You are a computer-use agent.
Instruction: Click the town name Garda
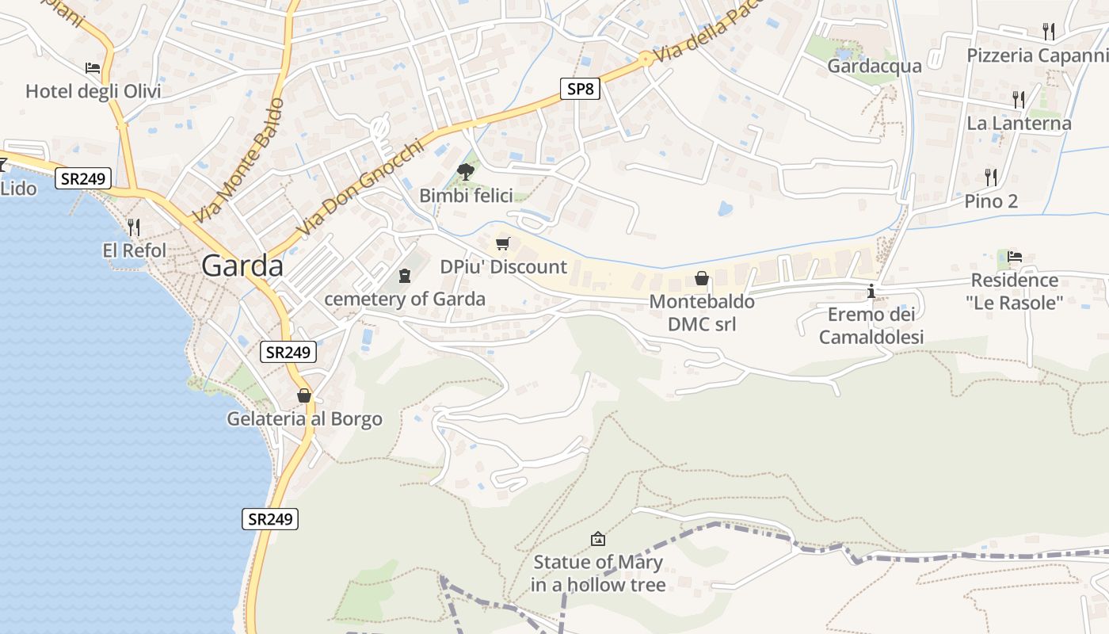point(242,265)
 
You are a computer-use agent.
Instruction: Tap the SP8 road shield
point(580,89)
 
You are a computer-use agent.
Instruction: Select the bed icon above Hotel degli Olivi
point(93,68)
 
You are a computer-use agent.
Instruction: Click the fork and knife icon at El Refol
point(134,227)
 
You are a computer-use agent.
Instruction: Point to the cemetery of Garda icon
point(405,276)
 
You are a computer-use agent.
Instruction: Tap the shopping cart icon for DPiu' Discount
point(502,243)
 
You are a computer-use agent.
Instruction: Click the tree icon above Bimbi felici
point(466,171)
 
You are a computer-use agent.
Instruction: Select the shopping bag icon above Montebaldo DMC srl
point(701,278)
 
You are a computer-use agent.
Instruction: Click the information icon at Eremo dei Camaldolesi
point(871,291)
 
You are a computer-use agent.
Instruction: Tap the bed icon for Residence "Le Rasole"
point(1015,256)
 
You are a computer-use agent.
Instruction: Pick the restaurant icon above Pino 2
point(990,176)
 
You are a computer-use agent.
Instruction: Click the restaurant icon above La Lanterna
point(1019,99)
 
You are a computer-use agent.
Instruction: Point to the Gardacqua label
point(875,66)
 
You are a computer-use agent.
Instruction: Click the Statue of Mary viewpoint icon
point(598,539)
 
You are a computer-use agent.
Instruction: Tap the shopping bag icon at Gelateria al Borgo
point(304,395)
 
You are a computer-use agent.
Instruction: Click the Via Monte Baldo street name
point(238,161)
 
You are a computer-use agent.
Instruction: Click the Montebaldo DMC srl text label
point(701,312)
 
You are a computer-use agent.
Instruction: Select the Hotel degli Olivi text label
point(93,91)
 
